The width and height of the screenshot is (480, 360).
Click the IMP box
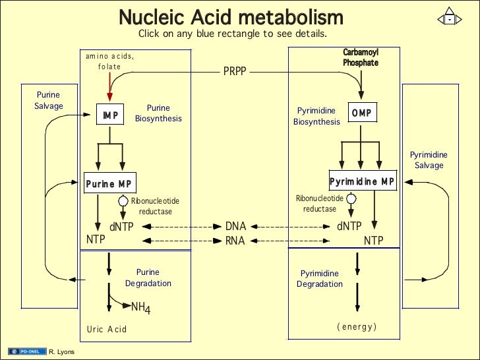coord(110,115)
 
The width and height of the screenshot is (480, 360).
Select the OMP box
coord(361,113)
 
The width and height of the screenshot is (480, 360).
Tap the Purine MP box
coord(109,184)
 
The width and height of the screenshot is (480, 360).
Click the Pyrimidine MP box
coord(363,181)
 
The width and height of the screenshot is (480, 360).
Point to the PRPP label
coord(234,71)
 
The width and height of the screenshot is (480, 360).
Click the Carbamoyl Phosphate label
coord(361,57)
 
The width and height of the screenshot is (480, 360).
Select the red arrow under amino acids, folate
coord(109,86)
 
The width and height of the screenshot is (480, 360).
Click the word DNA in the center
coord(235,227)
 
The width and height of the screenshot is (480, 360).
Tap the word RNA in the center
coord(235,241)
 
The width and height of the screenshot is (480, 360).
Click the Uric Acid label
coord(106,329)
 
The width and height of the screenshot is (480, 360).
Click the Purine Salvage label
coord(49,100)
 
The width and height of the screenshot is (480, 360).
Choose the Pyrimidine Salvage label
coord(429,160)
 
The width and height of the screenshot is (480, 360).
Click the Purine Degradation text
coord(148,278)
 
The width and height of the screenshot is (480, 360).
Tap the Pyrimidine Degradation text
coord(320,279)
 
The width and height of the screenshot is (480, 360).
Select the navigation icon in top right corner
coord(448,18)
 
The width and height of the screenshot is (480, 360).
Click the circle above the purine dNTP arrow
coord(123,200)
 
